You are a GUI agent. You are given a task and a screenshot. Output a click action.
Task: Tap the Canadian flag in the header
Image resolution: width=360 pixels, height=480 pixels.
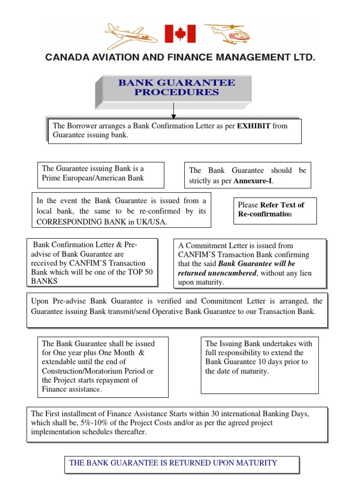click(x=180, y=34)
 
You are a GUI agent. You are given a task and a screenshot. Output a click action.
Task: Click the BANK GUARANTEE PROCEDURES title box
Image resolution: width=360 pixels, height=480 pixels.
click(x=177, y=88)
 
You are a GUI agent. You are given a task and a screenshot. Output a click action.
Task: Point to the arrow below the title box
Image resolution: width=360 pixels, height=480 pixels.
click(x=174, y=113)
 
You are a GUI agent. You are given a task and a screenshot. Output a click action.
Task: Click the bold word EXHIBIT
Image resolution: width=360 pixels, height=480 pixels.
click(x=254, y=126)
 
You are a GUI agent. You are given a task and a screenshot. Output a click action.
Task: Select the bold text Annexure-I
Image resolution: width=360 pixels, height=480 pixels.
click(x=253, y=181)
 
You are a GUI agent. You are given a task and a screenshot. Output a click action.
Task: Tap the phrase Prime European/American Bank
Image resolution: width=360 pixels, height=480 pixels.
click(x=93, y=178)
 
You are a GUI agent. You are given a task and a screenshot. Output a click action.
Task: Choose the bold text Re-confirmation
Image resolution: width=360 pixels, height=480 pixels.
click(x=265, y=214)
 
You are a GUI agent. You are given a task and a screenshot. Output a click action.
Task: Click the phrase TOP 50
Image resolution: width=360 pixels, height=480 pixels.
click(x=139, y=272)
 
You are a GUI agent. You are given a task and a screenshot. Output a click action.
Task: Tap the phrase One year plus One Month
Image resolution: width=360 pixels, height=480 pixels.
click(x=96, y=352)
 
